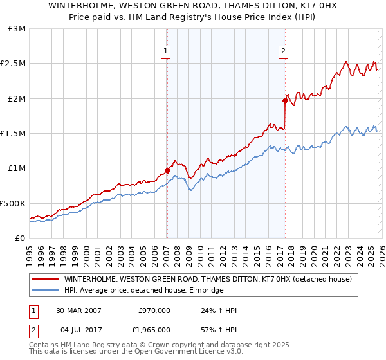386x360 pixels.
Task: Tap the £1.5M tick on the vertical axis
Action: point(15,134)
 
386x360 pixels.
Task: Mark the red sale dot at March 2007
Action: point(167,170)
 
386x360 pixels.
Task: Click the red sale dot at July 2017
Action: point(284,101)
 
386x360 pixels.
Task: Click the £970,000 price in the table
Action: point(154,311)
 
